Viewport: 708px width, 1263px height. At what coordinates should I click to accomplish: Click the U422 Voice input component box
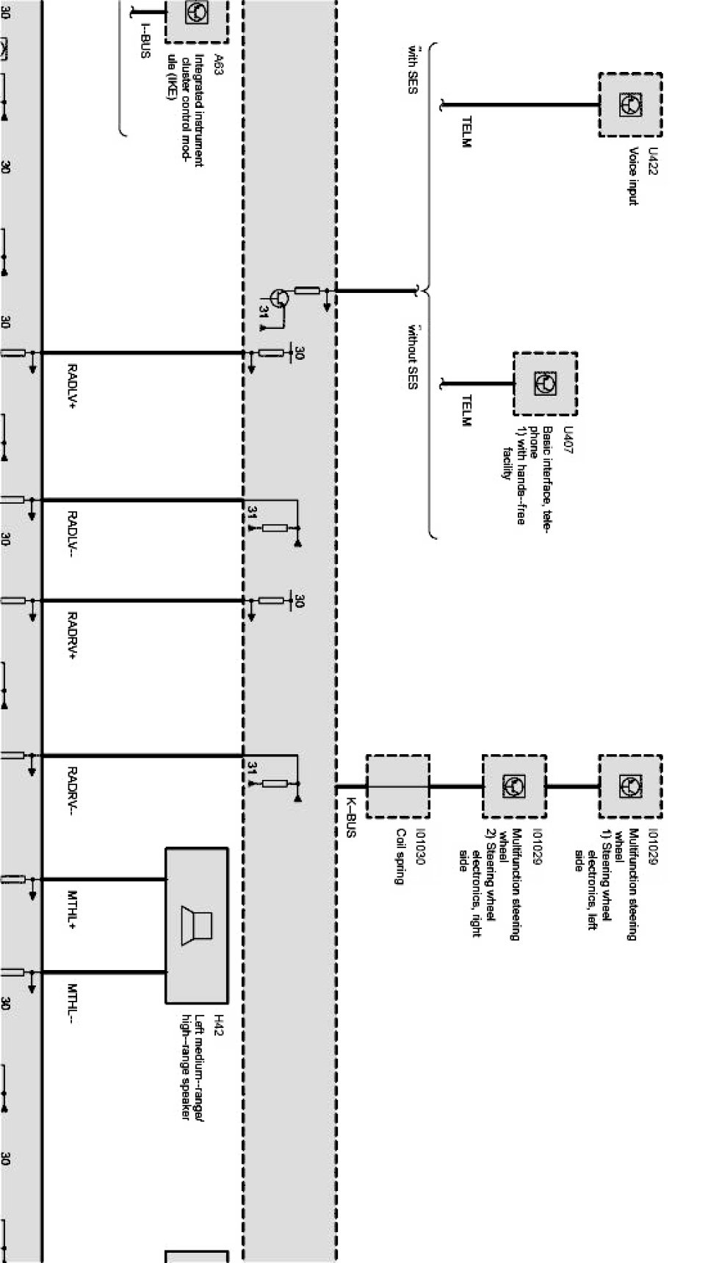630,105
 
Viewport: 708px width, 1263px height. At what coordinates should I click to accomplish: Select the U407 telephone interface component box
545,383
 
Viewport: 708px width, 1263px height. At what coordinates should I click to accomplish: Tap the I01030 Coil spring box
397,786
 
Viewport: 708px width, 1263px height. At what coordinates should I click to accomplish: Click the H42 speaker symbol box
196,926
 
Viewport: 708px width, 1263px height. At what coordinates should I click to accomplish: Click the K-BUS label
350,818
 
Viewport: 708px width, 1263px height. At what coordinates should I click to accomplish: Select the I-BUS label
144,41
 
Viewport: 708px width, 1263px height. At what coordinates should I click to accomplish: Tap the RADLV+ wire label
73,385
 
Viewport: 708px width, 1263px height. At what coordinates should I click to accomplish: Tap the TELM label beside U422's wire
465,131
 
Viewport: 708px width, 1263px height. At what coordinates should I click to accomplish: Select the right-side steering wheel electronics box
513,786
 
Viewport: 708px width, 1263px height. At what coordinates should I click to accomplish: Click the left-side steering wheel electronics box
630,786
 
